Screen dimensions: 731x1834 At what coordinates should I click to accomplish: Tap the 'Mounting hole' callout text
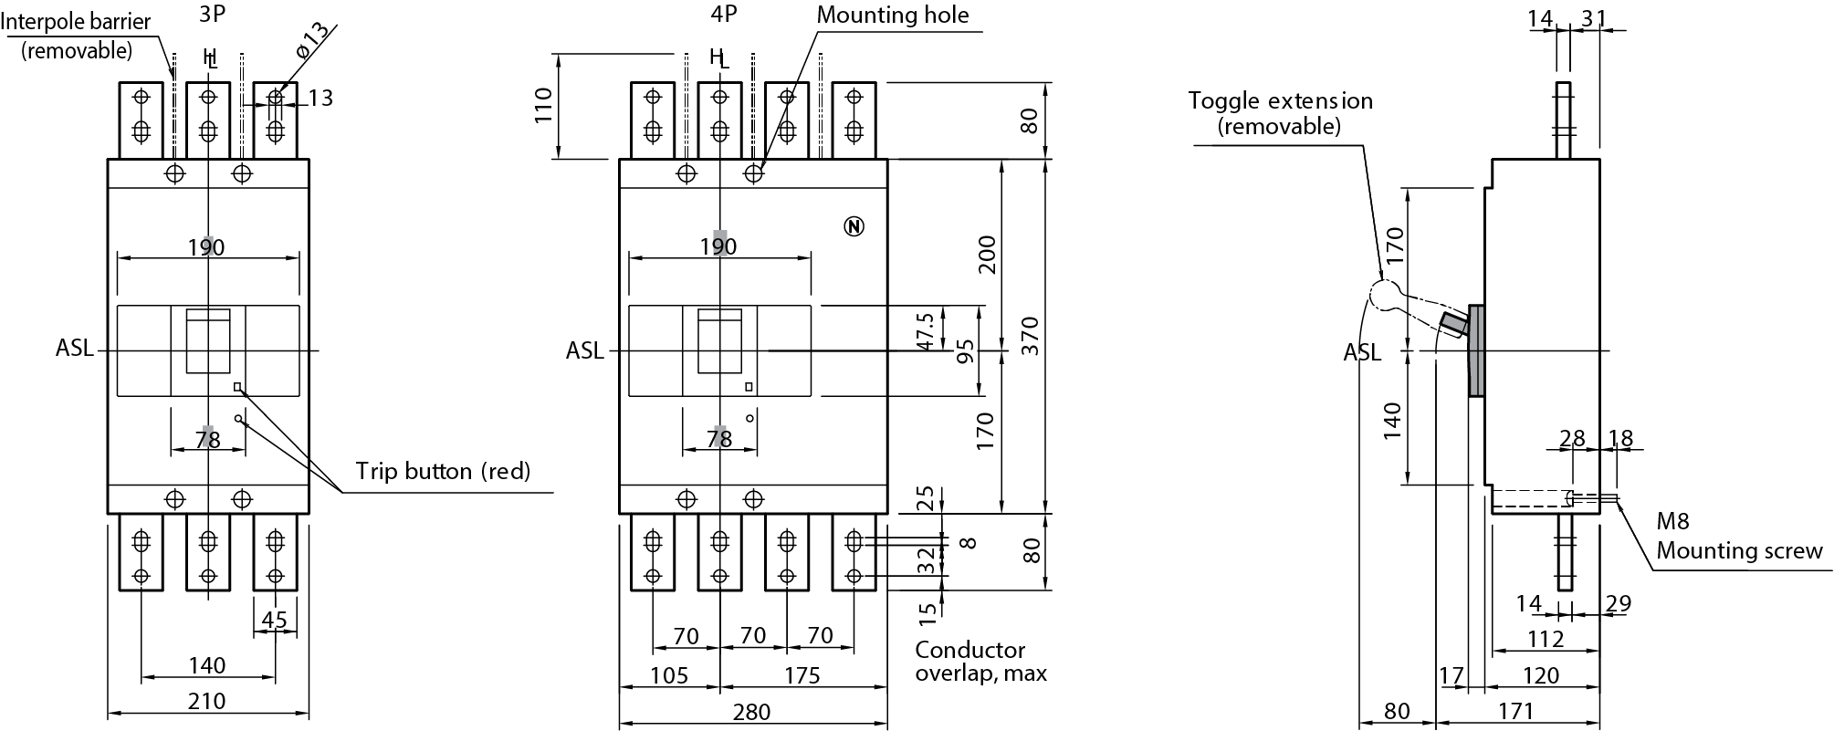[892, 15]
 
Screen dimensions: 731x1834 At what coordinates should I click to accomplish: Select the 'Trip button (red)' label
[443, 471]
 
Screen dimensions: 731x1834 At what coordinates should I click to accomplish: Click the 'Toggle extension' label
[1280, 101]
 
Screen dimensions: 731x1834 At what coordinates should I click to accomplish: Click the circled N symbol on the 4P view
[854, 226]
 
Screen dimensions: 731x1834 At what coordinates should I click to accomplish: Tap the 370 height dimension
[1030, 336]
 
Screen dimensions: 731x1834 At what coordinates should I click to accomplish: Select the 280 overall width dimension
[751, 712]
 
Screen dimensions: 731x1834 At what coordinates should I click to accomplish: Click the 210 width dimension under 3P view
[207, 701]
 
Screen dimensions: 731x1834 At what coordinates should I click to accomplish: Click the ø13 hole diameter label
[311, 40]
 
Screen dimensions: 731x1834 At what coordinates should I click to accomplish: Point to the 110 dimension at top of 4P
[544, 107]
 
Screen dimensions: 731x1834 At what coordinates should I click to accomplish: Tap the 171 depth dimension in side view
[1514, 710]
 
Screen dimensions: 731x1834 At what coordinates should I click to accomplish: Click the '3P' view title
[213, 15]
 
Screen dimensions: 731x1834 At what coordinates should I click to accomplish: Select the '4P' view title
[723, 15]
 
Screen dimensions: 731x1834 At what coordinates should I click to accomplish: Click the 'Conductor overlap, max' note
[980, 662]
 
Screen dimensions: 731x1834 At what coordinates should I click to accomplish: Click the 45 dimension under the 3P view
[274, 621]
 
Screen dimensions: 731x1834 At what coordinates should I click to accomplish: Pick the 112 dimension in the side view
[1545, 639]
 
